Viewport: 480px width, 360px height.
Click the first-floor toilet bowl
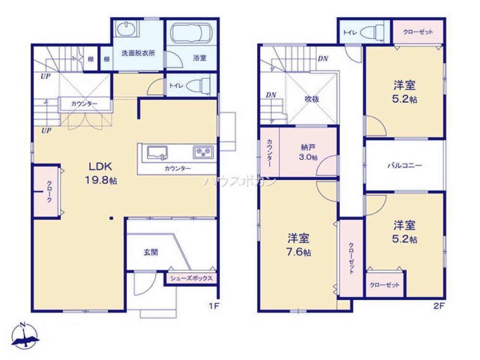click(x=198, y=86)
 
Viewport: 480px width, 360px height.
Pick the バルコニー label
click(x=405, y=166)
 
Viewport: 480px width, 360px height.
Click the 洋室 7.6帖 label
click(x=299, y=245)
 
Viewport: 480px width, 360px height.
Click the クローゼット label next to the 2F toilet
click(x=418, y=32)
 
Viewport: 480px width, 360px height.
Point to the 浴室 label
click(x=200, y=58)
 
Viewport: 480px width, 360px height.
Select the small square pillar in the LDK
click(x=111, y=218)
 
